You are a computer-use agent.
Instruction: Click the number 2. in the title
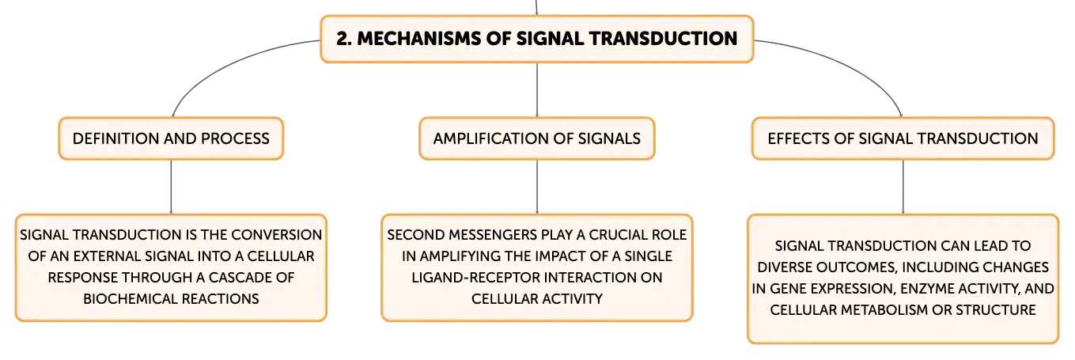pos(344,39)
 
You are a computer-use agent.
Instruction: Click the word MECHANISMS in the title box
pos(419,39)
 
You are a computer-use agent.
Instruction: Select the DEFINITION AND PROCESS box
pos(172,138)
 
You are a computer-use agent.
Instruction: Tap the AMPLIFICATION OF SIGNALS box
pos(537,138)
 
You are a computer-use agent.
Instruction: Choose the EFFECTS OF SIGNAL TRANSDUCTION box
pos(903,138)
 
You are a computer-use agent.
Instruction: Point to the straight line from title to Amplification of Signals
pos(537,89)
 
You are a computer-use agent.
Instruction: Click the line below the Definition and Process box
pos(172,187)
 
